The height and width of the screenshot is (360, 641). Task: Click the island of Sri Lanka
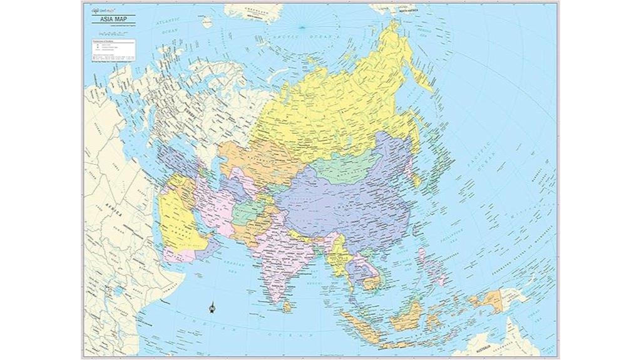(x=287, y=306)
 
